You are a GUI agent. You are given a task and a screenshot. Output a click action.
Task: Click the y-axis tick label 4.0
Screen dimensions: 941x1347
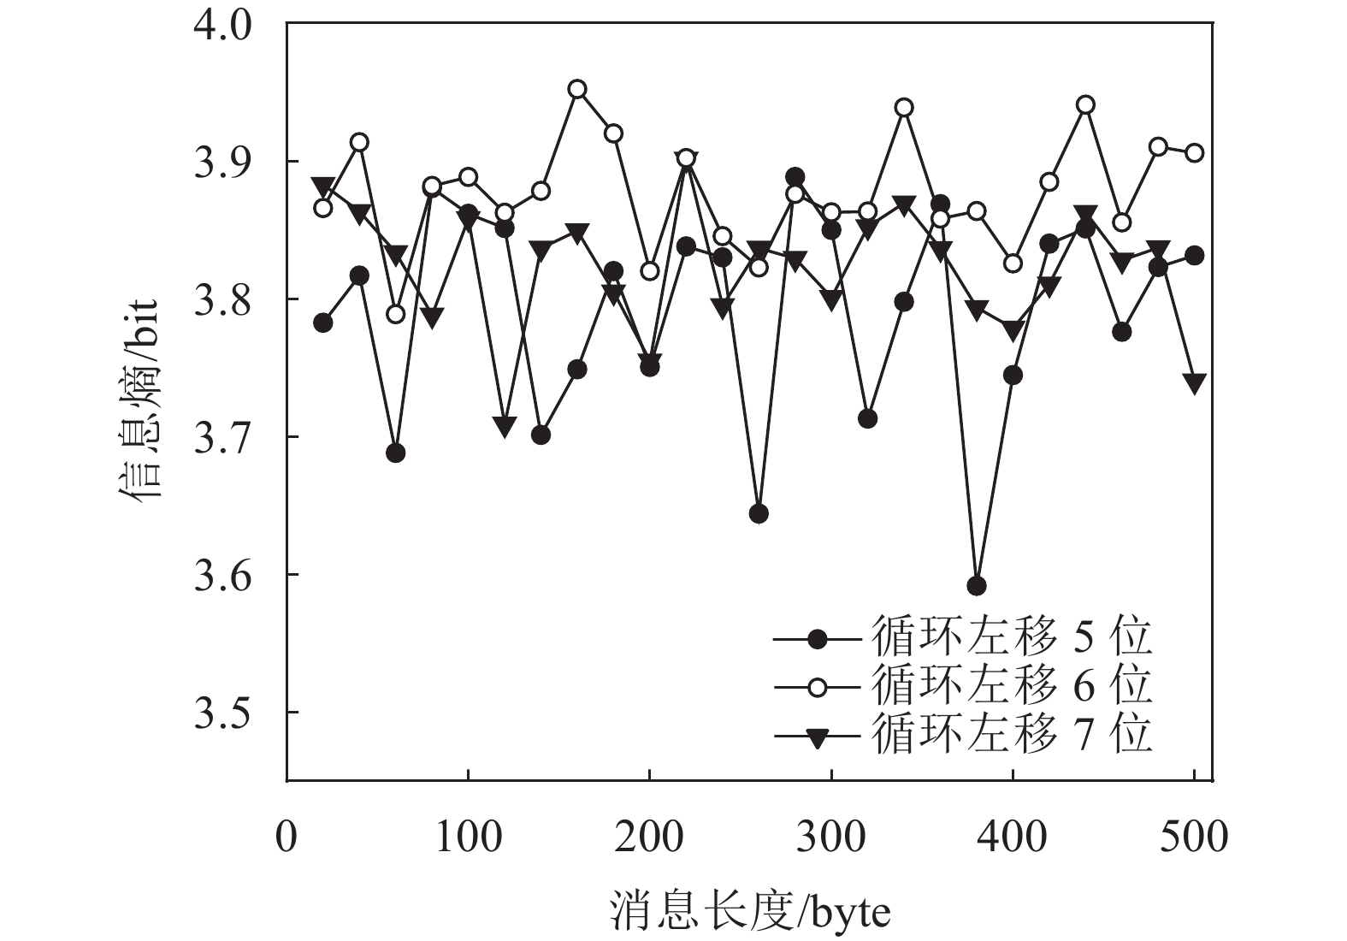pyautogui.click(x=224, y=24)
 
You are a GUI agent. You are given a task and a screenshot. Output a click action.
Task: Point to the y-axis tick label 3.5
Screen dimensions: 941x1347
pyautogui.click(x=224, y=713)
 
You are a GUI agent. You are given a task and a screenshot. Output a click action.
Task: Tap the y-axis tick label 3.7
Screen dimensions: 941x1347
pyautogui.click(x=224, y=437)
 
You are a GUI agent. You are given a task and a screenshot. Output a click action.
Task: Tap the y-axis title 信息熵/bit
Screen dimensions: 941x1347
pyautogui.click(x=139, y=400)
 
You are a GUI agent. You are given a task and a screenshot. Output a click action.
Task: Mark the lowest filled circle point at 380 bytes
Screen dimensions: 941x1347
pyautogui.click(x=977, y=586)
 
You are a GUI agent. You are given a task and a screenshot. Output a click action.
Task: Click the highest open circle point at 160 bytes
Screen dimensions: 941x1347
pyautogui.click(x=577, y=89)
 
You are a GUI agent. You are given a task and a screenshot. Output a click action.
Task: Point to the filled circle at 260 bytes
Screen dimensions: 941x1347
pyautogui.click(x=759, y=513)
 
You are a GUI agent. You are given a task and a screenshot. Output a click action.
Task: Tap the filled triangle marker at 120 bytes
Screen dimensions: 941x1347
pyautogui.click(x=505, y=426)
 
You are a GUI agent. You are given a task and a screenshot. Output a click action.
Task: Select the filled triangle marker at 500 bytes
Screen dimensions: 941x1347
pyautogui.click(x=1195, y=382)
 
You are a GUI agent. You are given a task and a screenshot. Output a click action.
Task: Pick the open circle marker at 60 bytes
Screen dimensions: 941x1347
pyautogui.click(x=395, y=314)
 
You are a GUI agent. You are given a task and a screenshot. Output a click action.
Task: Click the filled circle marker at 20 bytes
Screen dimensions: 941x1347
pyautogui.click(x=323, y=323)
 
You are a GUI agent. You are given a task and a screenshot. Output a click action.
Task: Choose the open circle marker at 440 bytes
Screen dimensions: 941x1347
pyautogui.click(x=1085, y=105)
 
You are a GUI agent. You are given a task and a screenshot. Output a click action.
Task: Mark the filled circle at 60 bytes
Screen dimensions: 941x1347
pyautogui.click(x=395, y=453)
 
